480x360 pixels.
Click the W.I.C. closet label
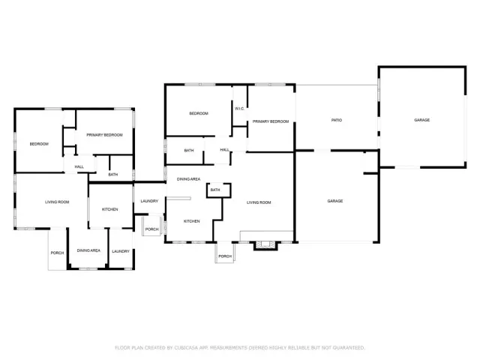(x=239, y=109)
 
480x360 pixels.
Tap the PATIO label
(x=337, y=120)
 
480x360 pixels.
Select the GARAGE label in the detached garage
(x=422, y=120)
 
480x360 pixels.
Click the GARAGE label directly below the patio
(x=334, y=201)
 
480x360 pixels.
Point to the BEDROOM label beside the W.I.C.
(x=198, y=113)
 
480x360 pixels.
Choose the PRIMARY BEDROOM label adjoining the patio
(x=270, y=121)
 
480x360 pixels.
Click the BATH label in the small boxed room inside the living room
(x=215, y=190)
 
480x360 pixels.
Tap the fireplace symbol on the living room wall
(x=265, y=244)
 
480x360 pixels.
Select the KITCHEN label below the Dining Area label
(x=191, y=221)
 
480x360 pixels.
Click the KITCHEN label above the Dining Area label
(x=109, y=208)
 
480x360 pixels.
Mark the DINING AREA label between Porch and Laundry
(x=89, y=250)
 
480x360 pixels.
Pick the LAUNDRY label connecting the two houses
(x=148, y=201)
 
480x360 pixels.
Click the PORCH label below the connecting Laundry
(x=151, y=229)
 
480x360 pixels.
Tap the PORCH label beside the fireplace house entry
(x=224, y=256)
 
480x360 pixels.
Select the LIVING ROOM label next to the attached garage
(x=258, y=202)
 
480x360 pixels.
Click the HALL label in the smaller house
(x=79, y=166)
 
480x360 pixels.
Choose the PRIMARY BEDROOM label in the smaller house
(x=104, y=135)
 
